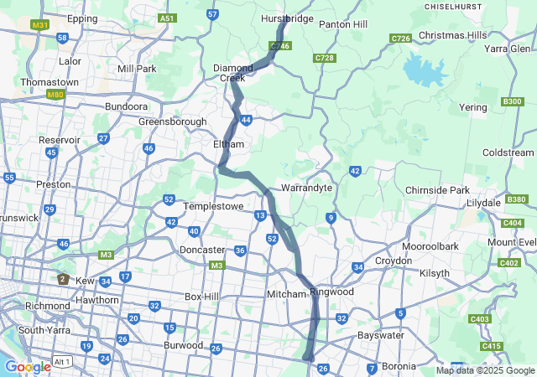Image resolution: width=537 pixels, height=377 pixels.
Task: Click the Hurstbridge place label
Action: [x=287, y=18]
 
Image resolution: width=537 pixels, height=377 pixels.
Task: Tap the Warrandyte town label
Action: [x=307, y=188]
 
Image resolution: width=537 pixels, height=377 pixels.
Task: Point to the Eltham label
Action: [x=228, y=144]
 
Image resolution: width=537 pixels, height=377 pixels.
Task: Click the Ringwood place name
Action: [x=332, y=292]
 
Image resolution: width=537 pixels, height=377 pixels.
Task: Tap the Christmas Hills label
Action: [x=452, y=34]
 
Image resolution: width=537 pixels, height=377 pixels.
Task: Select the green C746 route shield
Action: [x=280, y=45]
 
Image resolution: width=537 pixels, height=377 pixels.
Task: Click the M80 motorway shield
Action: [x=56, y=95]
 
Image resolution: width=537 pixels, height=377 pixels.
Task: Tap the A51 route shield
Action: [x=168, y=18]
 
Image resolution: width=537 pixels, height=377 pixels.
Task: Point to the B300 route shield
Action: [x=512, y=101]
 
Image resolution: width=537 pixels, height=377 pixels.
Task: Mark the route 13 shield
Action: [x=261, y=216]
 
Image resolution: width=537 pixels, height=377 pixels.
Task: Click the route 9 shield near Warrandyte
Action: [x=331, y=218]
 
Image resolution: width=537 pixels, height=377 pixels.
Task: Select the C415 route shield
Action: [x=492, y=346]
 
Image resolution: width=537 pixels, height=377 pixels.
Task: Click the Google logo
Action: [x=28, y=366]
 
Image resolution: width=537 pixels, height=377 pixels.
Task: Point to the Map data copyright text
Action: [x=485, y=370]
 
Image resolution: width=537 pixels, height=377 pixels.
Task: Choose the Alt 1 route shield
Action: [x=60, y=360]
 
